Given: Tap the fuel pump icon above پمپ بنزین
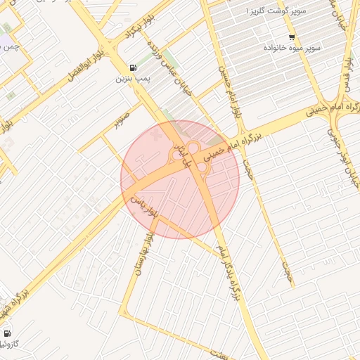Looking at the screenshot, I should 132,68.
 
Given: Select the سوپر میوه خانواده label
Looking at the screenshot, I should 292,47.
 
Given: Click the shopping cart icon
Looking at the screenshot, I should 292,37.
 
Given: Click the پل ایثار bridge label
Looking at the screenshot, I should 186,155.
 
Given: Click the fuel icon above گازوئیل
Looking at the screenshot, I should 7,333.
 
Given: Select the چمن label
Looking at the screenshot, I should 10,47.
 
